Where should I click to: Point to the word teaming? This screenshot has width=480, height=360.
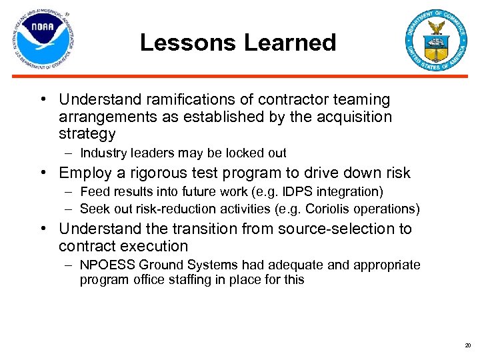(x=363, y=100)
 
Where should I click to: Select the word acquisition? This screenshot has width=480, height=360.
(x=353, y=117)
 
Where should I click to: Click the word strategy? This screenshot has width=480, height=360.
(x=87, y=135)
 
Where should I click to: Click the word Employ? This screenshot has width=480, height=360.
(x=84, y=173)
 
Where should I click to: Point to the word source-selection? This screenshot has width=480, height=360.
(x=338, y=229)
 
